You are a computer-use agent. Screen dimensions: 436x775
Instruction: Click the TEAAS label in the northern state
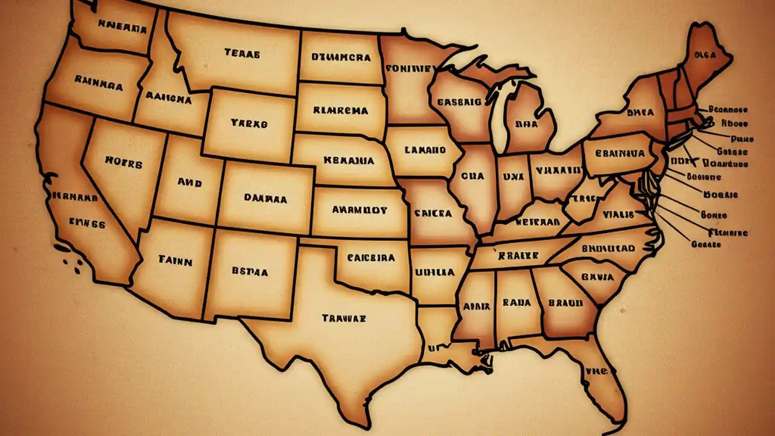[x=242, y=53]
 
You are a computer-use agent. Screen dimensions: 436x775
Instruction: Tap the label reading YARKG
[x=248, y=123]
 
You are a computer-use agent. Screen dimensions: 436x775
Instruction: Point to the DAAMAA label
[x=265, y=197]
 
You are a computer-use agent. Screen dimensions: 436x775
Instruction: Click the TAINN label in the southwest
[x=176, y=262]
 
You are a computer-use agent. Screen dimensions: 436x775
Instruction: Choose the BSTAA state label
[x=249, y=272]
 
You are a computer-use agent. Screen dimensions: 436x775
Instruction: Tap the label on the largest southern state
[x=344, y=317]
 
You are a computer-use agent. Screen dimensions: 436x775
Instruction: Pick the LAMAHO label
[x=424, y=150]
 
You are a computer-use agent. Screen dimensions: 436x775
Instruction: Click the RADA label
[x=516, y=302]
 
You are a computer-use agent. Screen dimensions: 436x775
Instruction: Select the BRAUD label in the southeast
[x=565, y=302]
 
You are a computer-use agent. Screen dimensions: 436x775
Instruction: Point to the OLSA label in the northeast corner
[x=705, y=55]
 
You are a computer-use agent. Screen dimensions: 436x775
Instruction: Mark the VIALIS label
[x=618, y=214]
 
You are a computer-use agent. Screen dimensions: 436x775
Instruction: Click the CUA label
[x=472, y=176]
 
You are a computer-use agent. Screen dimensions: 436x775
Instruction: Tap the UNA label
[x=513, y=176]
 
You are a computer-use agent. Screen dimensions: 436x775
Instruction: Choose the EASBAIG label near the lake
[x=459, y=102]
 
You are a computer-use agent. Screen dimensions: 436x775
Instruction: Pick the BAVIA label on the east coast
[x=598, y=277]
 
